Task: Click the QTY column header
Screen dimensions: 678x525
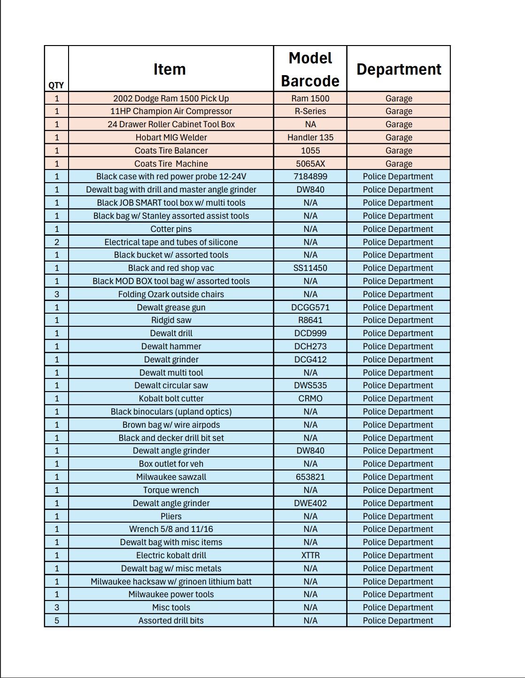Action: pyautogui.click(x=56, y=85)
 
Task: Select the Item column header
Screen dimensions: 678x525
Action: pyautogui.click(x=170, y=69)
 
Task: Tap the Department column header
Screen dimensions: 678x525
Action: pyautogui.click(x=399, y=69)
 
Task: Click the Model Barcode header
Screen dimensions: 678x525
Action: pyautogui.click(x=310, y=69)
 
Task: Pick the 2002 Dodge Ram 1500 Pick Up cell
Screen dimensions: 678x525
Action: pyautogui.click(x=171, y=98)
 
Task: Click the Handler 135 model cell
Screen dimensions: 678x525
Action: pyautogui.click(x=310, y=137)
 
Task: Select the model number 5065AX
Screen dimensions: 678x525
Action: pyautogui.click(x=310, y=163)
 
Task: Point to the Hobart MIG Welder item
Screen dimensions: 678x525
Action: pyautogui.click(x=171, y=137)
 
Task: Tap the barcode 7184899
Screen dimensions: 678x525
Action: pyautogui.click(x=310, y=177)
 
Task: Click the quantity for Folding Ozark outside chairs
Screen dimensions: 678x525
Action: pyautogui.click(x=57, y=294)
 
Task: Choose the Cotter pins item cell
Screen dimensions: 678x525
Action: pyautogui.click(x=171, y=229)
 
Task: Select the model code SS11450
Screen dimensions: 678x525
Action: pyautogui.click(x=310, y=268)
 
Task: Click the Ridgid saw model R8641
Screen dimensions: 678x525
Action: pyautogui.click(x=310, y=320)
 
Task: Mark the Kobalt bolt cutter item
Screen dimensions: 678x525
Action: pyautogui.click(x=171, y=399)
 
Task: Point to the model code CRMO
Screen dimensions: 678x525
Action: pyautogui.click(x=310, y=399)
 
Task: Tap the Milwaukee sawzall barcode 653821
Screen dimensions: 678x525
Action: pyautogui.click(x=310, y=477)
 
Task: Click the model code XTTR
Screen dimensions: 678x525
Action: pyautogui.click(x=310, y=555)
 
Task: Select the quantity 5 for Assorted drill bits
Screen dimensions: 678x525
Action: pyautogui.click(x=57, y=620)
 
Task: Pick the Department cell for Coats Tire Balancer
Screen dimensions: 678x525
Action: pyautogui.click(x=399, y=150)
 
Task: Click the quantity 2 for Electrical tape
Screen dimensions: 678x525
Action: pyautogui.click(x=57, y=242)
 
